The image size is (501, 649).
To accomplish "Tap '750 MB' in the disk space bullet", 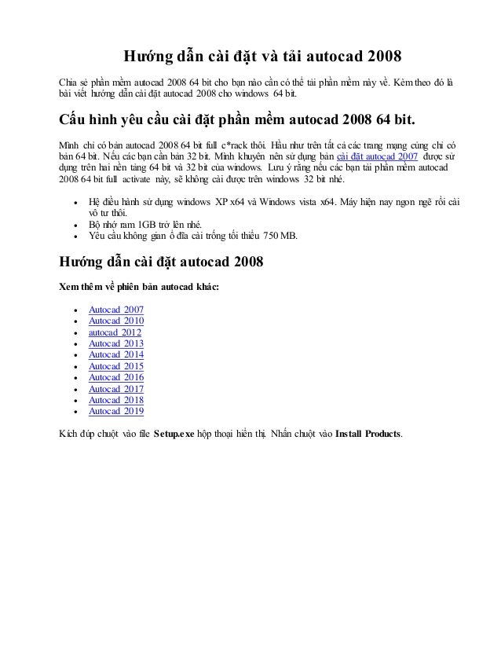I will [x=280, y=236].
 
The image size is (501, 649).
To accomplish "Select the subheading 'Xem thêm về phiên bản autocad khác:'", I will [x=140, y=286].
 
